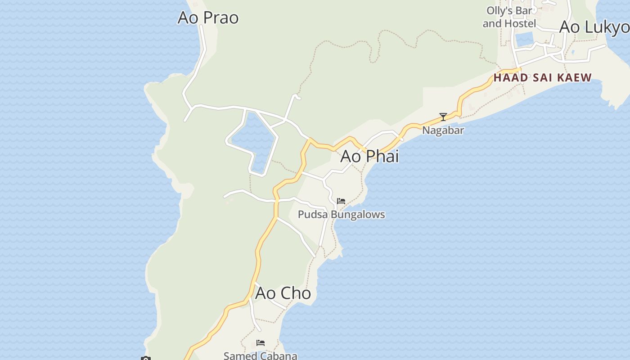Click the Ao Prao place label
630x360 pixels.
(208, 18)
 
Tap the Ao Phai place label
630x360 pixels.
(369, 156)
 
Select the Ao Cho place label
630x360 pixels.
(283, 293)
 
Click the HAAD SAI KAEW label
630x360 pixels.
(542, 77)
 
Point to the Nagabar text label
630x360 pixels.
(443, 130)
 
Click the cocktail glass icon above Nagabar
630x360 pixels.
(443, 117)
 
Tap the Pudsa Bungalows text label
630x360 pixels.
(341, 214)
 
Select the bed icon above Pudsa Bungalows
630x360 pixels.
(341, 201)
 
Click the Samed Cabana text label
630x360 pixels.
(260, 355)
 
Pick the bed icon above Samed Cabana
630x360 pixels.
(260, 343)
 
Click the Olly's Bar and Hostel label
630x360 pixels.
(509, 17)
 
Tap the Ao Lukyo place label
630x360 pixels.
(594, 27)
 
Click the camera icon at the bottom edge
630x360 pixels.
(145, 358)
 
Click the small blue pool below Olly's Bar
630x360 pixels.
(524, 40)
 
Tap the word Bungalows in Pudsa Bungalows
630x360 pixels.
(357, 214)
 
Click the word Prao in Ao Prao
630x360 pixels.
(221, 18)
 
